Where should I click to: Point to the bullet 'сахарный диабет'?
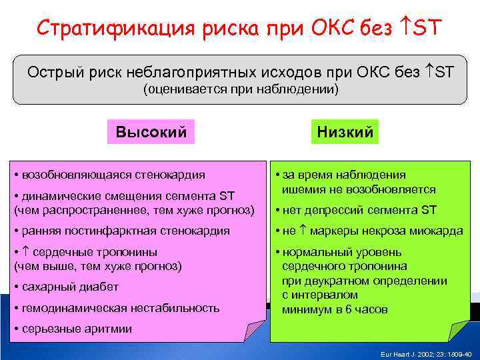point(66,287)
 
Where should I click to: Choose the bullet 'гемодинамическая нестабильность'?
point(117,307)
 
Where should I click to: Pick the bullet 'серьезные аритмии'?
point(73,328)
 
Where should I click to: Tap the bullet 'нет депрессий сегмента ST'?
point(359,210)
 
